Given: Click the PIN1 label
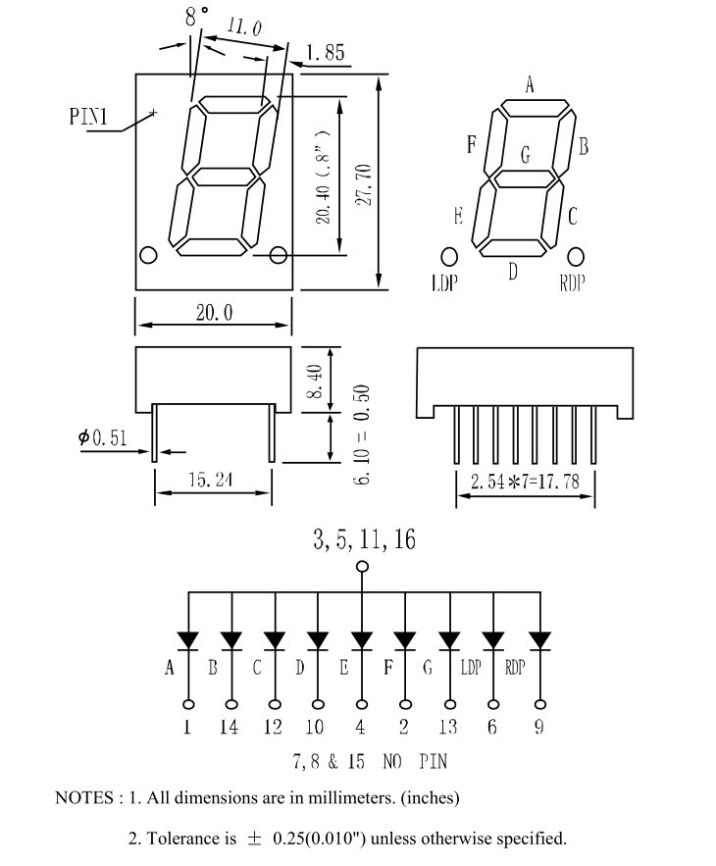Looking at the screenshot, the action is (x=88, y=117).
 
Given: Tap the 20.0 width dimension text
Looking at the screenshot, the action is (x=215, y=313).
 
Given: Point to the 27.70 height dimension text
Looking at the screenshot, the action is (x=364, y=185).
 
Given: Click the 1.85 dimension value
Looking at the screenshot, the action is (x=326, y=52).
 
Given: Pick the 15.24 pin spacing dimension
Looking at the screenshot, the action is (x=211, y=480).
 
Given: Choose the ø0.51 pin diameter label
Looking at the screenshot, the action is (x=103, y=438).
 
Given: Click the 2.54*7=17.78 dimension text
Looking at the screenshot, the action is (x=525, y=482).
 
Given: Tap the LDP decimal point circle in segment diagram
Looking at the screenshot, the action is (x=449, y=257).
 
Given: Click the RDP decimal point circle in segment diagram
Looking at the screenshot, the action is (x=576, y=256).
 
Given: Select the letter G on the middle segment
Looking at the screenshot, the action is (x=526, y=154).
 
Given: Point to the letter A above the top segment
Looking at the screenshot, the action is (x=530, y=85).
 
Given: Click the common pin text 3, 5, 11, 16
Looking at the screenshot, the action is (x=364, y=539).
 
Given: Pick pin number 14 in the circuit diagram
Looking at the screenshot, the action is (x=229, y=727).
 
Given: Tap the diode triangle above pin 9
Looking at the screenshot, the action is (x=539, y=640).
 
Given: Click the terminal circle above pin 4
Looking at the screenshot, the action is (x=362, y=704).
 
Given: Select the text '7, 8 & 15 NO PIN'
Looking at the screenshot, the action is (x=370, y=762).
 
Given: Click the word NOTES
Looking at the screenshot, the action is (x=84, y=797).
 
